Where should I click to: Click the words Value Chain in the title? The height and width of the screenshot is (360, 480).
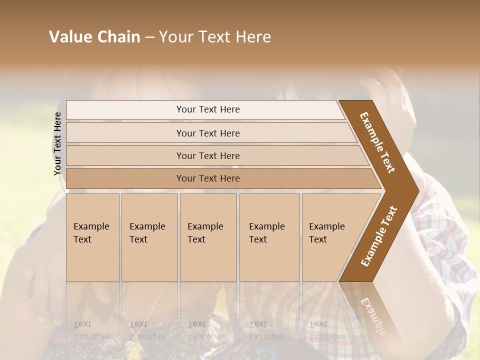[94, 37]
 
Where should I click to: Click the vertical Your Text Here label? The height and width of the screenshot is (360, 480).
[57, 143]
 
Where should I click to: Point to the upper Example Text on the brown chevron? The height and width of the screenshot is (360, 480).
[377, 142]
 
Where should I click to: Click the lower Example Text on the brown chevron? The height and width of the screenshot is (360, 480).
[378, 236]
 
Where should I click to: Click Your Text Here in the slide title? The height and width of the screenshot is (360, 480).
[215, 37]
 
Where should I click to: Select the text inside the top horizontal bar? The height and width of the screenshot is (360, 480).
[208, 109]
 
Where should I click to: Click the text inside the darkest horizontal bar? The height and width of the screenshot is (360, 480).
[208, 178]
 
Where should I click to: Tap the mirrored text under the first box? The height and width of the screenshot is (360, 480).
[91, 330]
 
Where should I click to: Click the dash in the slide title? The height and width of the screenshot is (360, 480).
[149, 37]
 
